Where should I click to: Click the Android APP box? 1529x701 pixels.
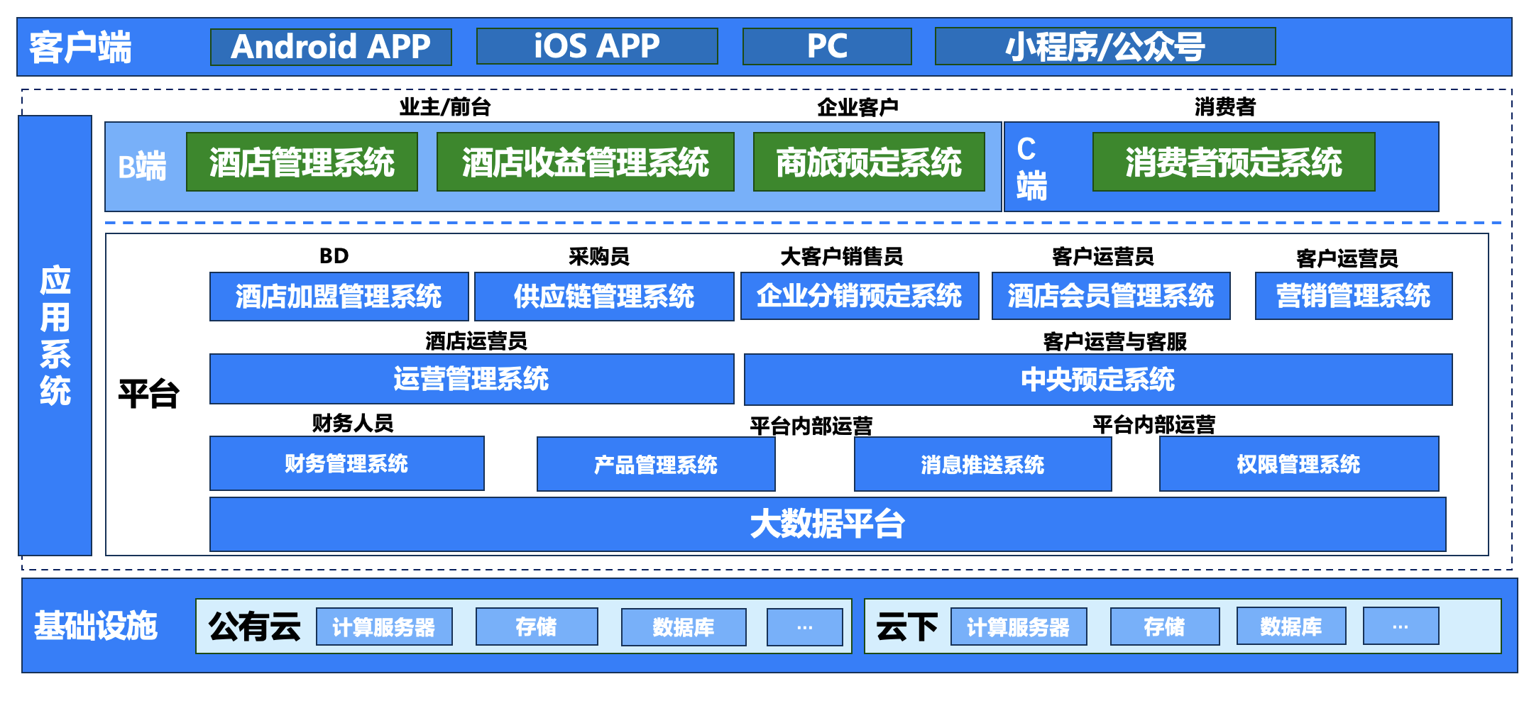(x=331, y=47)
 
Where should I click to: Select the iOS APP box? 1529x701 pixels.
(x=596, y=47)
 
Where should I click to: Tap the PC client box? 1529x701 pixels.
(x=827, y=47)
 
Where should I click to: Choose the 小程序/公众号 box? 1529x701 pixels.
(x=1105, y=47)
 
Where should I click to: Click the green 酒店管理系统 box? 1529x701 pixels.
(x=302, y=162)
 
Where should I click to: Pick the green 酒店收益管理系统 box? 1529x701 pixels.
(x=585, y=162)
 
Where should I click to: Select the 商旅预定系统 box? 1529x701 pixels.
(x=869, y=162)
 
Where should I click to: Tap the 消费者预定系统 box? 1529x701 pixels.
(x=1233, y=162)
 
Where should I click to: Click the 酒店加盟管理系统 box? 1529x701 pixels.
(x=339, y=297)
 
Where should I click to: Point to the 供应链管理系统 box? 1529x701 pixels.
(x=603, y=297)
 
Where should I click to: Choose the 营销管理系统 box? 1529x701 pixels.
(x=1353, y=297)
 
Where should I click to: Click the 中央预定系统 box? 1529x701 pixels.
(x=1097, y=380)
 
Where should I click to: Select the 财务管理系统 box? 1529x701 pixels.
(x=346, y=463)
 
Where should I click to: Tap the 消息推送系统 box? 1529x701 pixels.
(x=982, y=465)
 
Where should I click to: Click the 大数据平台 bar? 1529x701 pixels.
(x=827, y=524)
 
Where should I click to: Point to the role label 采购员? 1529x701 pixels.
(x=598, y=256)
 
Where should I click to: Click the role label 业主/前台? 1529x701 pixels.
(x=444, y=107)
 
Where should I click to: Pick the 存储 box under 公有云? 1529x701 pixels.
(x=536, y=627)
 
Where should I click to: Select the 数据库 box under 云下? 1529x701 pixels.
(x=1290, y=627)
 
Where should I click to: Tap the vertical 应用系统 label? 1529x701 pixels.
(x=55, y=335)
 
